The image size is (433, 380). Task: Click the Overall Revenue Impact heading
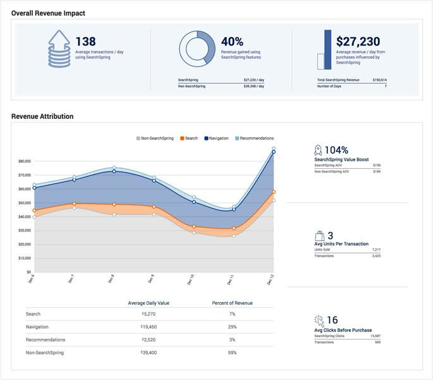48,13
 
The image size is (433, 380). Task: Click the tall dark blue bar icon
327,49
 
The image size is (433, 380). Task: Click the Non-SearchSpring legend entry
155,138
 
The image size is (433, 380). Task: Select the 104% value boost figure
336,150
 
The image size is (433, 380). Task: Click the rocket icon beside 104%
318,150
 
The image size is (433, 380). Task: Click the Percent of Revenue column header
232,303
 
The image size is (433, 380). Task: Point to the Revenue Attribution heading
42,116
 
